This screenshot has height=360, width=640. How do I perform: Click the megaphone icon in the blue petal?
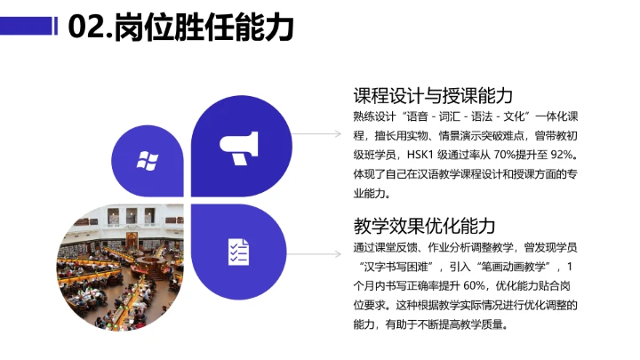pyautogui.click(x=237, y=148)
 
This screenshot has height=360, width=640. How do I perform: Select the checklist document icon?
pyautogui.click(x=237, y=252)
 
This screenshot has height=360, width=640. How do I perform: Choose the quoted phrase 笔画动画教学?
pyautogui.click(x=506, y=267)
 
